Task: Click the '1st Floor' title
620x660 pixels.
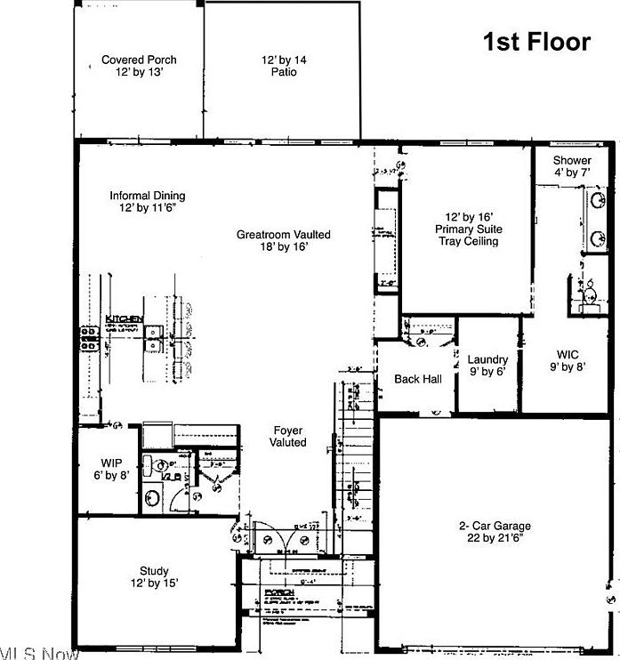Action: (x=536, y=41)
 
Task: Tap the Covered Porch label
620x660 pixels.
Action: (x=139, y=66)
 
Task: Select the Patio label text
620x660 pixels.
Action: (x=283, y=66)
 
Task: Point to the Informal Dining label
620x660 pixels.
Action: (x=148, y=202)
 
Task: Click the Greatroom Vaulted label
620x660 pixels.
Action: (x=283, y=240)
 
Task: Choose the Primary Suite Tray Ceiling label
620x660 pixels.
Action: (x=468, y=229)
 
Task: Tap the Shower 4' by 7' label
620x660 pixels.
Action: (x=572, y=166)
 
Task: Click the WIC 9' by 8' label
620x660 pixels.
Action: (x=567, y=360)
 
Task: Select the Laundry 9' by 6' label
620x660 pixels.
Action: (x=487, y=366)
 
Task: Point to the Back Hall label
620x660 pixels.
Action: (x=417, y=380)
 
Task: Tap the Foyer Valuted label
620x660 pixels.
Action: (x=287, y=436)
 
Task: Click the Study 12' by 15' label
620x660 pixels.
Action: (x=154, y=577)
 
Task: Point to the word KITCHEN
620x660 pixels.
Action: (x=125, y=318)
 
